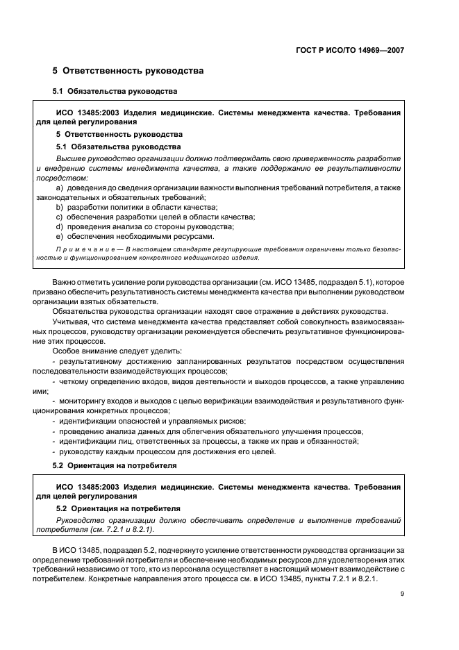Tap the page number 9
402,594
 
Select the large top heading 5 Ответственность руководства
128,71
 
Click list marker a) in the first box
59,188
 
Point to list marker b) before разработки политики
59,208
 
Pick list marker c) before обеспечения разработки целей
59,217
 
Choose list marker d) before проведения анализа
59,226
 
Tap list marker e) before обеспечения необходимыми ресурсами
59,236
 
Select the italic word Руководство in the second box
80,519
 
